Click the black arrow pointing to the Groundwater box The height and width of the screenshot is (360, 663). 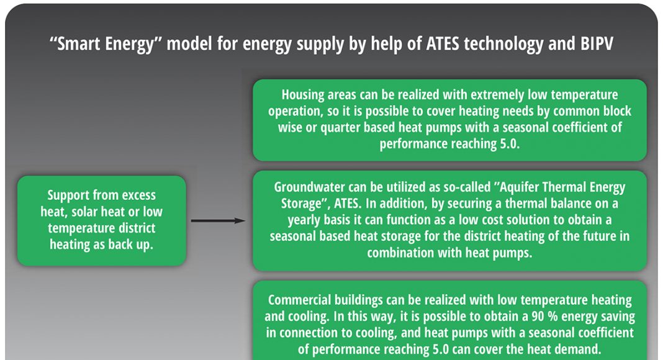(x=218, y=220)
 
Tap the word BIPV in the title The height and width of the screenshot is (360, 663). (x=596, y=43)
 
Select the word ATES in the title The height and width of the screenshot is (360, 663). (x=442, y=43)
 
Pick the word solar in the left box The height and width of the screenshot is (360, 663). (x=86, y=211)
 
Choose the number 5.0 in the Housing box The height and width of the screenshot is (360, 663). (x=510, y=143)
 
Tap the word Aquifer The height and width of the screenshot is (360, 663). (x=520, y=187)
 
